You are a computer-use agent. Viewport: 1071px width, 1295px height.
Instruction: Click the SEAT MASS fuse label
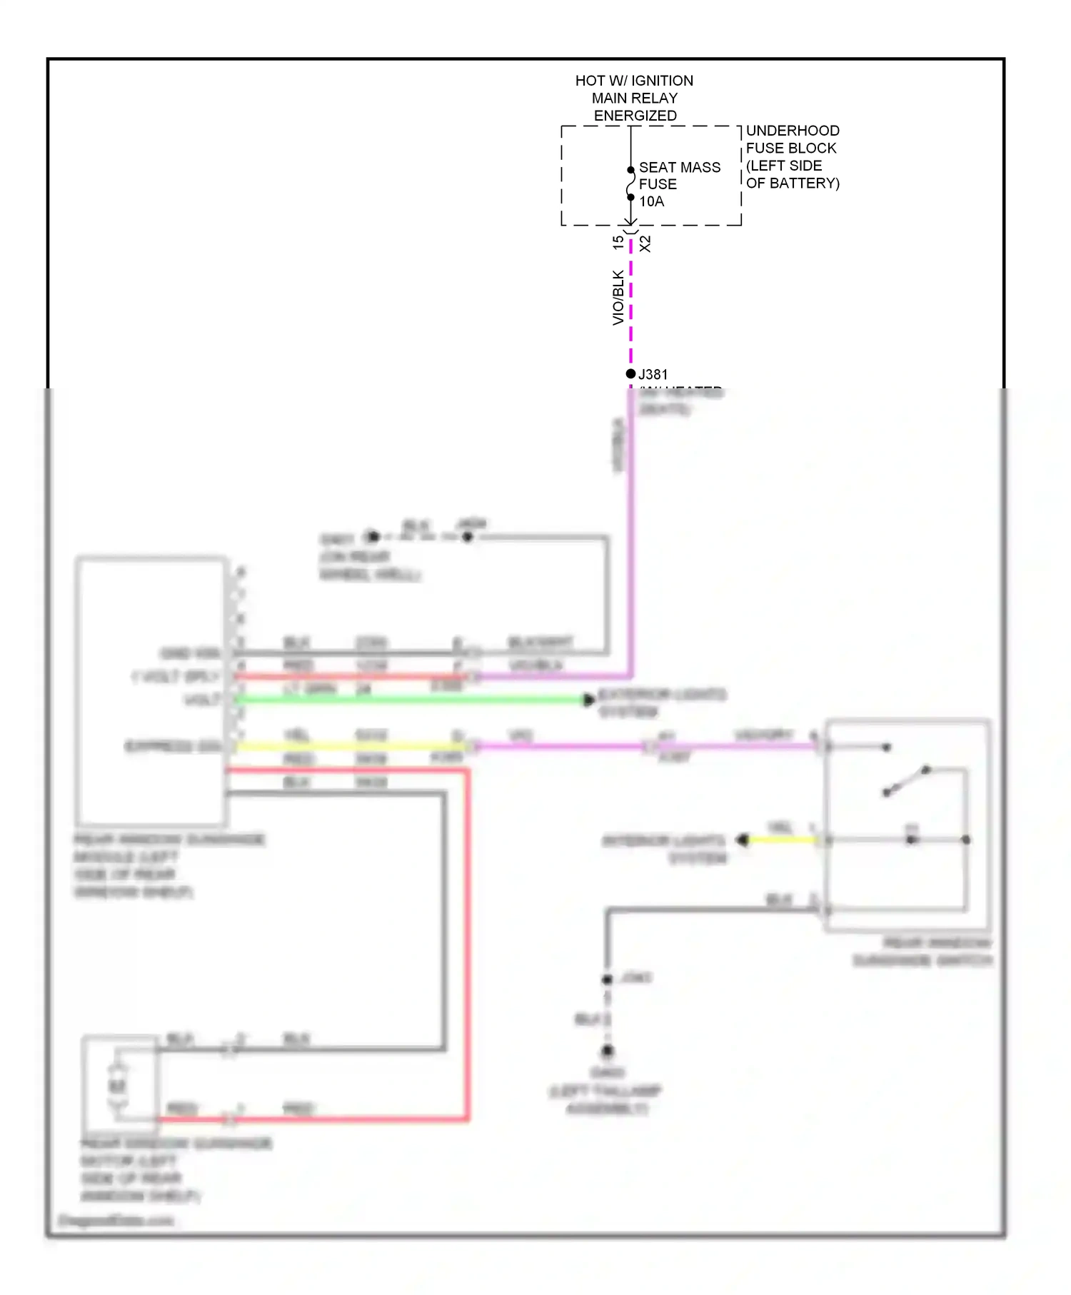point(679,167)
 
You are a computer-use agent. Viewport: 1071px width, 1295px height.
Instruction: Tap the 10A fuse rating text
point(651,201)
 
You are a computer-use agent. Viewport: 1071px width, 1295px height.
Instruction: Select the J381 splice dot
point(630,373)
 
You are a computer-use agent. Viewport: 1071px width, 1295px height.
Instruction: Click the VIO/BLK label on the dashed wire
point(618,297)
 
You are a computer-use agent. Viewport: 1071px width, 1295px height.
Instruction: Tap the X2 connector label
point(645,243)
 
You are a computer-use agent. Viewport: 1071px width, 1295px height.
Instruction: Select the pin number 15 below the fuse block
point(618,243)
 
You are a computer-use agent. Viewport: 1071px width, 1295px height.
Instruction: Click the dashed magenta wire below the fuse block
point(630,307)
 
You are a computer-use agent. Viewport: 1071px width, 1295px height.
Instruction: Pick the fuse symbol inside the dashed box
point(630,183)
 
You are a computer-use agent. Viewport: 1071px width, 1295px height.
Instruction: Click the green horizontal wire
point(407,700)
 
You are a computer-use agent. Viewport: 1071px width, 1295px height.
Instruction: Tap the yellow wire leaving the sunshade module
point(350,747)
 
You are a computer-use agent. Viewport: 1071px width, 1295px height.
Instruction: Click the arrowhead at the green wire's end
point(588,700)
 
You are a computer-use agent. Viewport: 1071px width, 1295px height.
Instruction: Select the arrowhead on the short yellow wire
point(743,840)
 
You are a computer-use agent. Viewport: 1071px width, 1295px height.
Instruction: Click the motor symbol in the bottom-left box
point(117,1086)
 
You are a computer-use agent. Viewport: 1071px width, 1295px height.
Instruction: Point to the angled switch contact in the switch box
point(906,781)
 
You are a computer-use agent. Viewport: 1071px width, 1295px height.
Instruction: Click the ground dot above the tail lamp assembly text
point(608,1051)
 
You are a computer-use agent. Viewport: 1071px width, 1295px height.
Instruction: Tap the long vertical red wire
point(468,942)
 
